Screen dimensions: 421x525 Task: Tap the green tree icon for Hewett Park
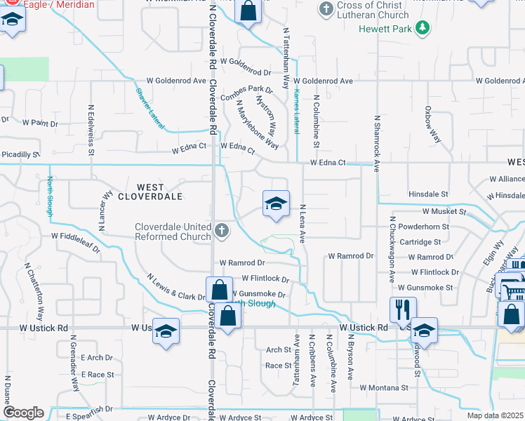tap(422, 28)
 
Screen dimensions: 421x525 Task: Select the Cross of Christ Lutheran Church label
tap(373, 10)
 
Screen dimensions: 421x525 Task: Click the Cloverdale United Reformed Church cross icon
tap(221, 230)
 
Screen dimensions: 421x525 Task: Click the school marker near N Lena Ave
tap(276, 204)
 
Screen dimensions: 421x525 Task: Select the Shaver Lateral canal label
tap(149, 107)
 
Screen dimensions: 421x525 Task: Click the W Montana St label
tap(384, 387)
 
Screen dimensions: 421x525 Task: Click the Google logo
tap(23, 413)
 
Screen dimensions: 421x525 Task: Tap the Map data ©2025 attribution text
tap(495, 415)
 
